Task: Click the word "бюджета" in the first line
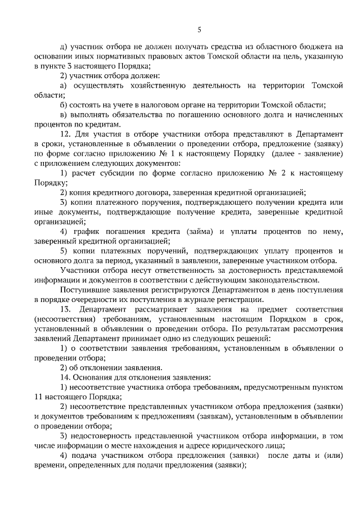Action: (316, 47)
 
